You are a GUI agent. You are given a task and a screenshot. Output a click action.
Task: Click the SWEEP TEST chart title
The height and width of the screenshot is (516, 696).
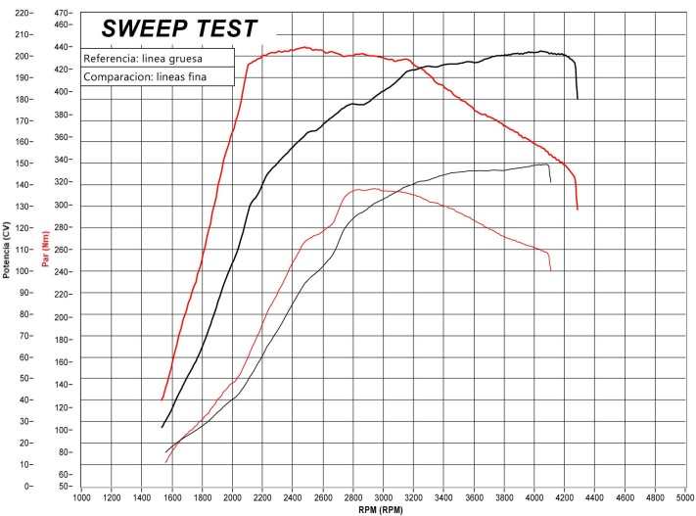tap(180, 27)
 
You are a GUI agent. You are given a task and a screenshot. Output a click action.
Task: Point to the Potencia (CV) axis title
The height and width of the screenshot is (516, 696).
tap(7, 251)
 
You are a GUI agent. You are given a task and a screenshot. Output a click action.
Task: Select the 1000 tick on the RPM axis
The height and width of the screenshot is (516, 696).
tap(82, 497)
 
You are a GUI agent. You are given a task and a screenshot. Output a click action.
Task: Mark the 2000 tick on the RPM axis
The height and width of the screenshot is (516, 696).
tap(233, 497)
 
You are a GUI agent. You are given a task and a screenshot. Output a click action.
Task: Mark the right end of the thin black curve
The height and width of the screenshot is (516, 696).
tap(551, 182)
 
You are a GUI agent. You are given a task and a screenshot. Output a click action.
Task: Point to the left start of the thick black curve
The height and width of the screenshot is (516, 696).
tap(162, 427)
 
